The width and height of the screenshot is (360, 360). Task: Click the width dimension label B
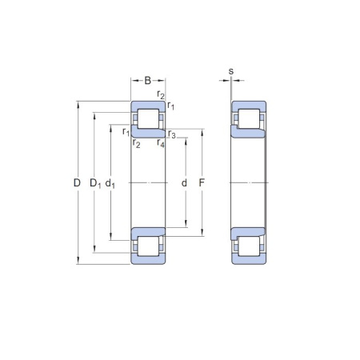click(x=148, y=80)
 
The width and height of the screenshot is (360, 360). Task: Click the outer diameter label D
click(x=77, y=183)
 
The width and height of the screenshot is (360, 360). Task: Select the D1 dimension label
click(x=94, y=184)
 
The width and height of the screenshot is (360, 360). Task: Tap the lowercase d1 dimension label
click(x=111, y=184)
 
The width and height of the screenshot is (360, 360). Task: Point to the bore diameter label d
click(x=185, y=183)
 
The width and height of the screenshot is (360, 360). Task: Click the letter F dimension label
click(x=202, y=183)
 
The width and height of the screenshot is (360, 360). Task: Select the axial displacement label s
click(x=231, y=72)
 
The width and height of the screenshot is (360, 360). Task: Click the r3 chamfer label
click(x=172, y=133)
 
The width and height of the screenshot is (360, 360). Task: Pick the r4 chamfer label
click(x=162, y=144)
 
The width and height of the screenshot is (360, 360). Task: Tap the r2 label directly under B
click(x=162, y=96)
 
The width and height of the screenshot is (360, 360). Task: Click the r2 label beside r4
click(x=137, y=144)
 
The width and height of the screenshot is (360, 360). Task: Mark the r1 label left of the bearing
click(x=126, y=132)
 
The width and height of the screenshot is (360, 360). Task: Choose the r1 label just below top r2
click(x=171, y=106)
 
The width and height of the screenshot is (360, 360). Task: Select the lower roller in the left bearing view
click(x=148, y=247)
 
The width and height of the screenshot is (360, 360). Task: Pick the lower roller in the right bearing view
click(x=249, y=247)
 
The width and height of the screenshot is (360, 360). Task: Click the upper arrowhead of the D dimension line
click(x=78, y=104)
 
